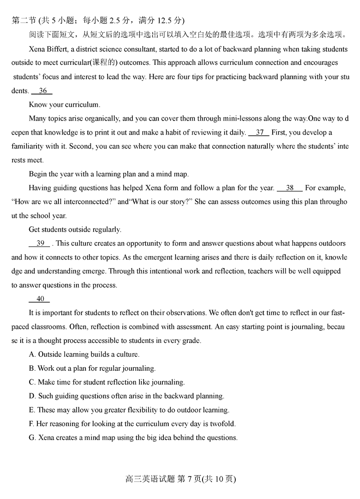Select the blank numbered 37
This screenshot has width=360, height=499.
click(259, 132)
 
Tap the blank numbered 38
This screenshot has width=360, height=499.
click(290, 188)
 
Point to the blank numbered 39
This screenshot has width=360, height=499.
click(40, 243)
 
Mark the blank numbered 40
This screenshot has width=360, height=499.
click(40, 299)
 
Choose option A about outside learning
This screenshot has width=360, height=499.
click(84, 354)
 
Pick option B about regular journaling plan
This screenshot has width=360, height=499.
click(92, 368)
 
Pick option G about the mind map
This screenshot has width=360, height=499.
click(133, 438)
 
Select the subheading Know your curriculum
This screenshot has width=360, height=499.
click(64, 105)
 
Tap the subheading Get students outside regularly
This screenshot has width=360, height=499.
click(75, 229)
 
